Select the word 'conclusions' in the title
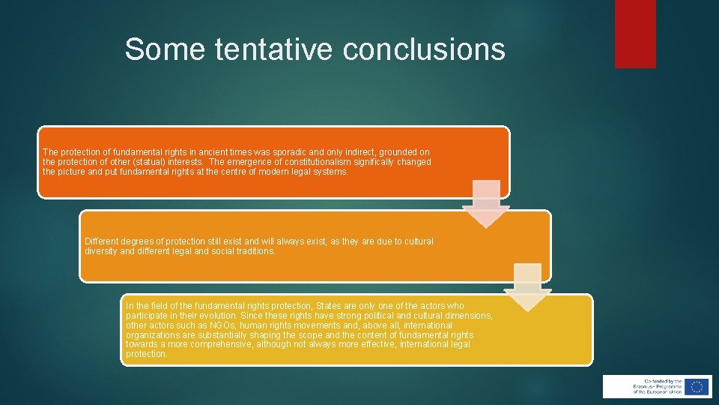[x=424, y=49]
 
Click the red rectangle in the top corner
[x=635, y=34]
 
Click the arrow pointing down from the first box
[x=485, y=203]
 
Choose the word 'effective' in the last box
[x=370, y=344]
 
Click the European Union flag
[x=697, y=386]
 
